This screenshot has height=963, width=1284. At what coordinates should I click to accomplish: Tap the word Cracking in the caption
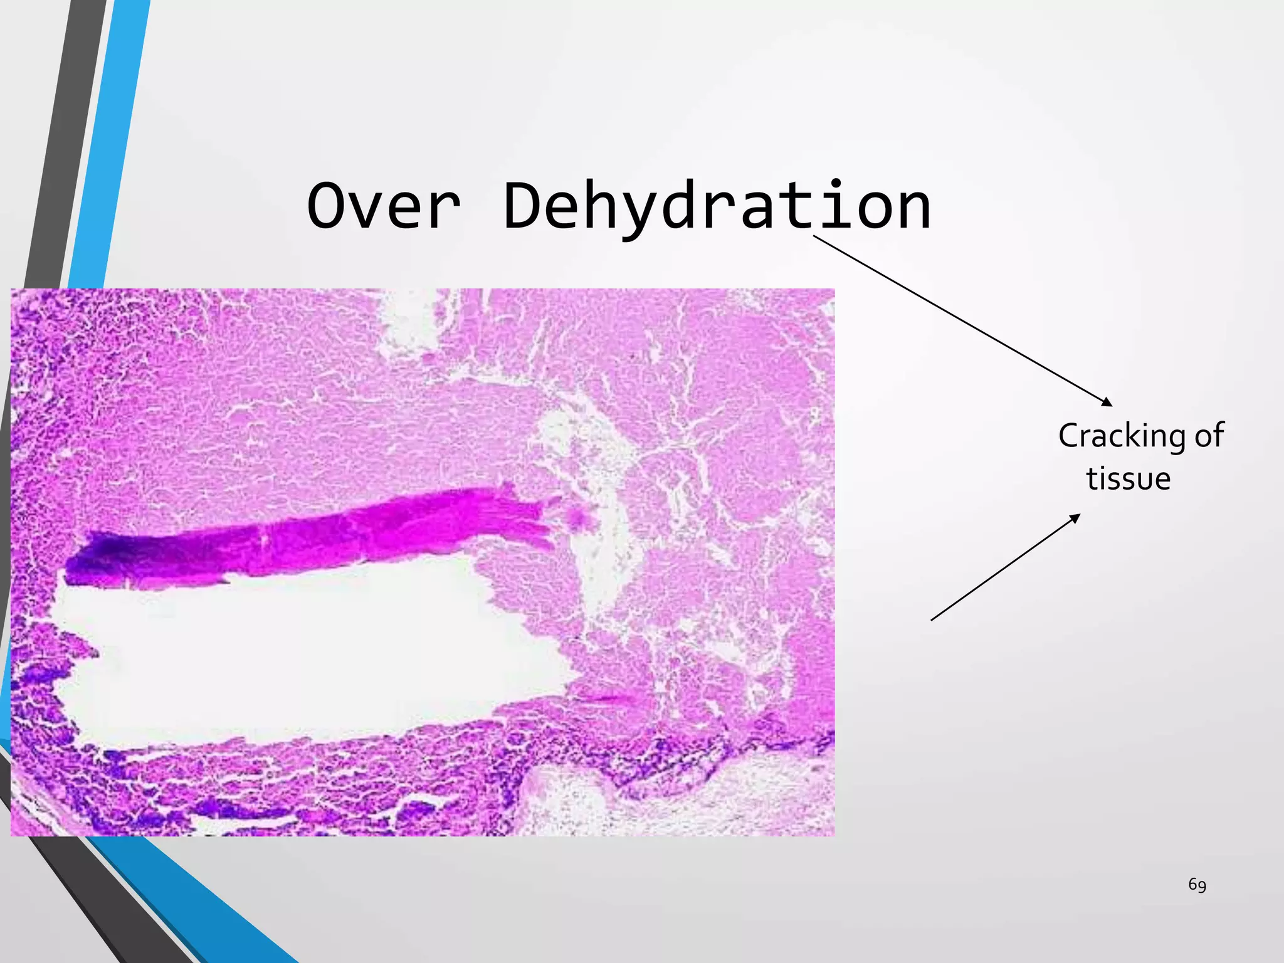(1122, 436)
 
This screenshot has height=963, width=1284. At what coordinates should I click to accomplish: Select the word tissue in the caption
(1128, 479)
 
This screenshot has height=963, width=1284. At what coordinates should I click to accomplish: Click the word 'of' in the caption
(1209, 435)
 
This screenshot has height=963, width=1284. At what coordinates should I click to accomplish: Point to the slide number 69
(1197, 885)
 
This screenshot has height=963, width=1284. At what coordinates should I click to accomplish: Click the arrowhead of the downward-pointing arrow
(1108, 403)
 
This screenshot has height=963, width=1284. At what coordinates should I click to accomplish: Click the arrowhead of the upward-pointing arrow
(1076, 517)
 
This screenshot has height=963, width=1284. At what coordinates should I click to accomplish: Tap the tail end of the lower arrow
(932, 620)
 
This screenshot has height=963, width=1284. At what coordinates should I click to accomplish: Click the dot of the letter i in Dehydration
(835, 183)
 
